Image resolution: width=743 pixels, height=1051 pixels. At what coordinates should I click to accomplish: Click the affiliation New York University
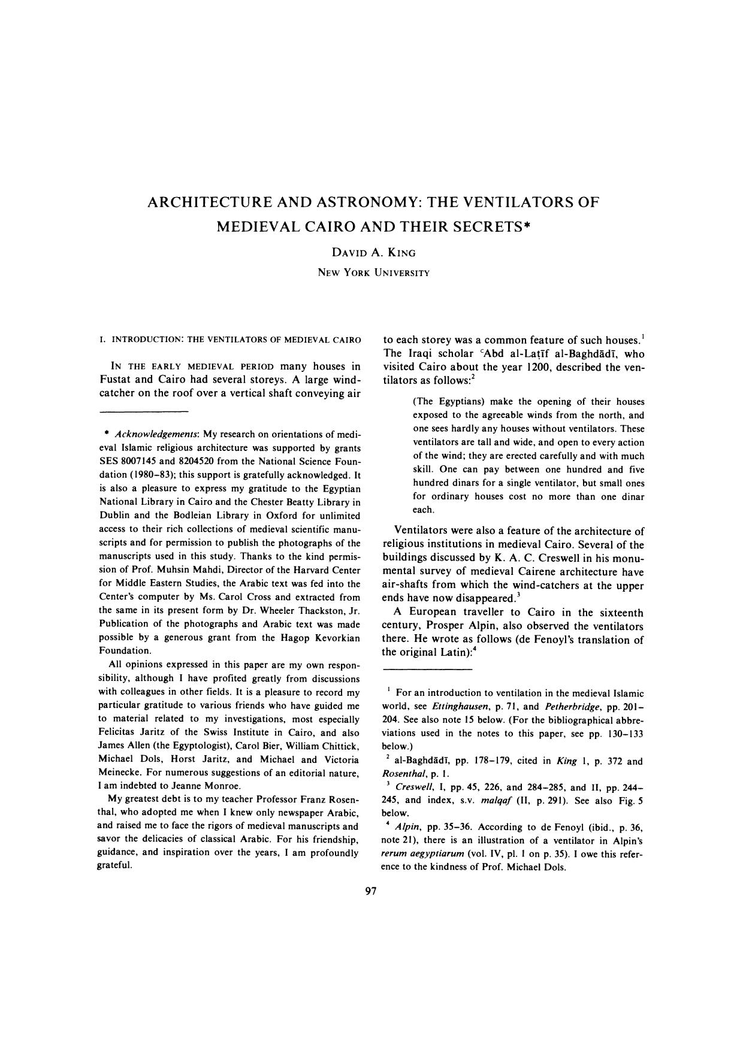pyautogui.click(x=373, y=272)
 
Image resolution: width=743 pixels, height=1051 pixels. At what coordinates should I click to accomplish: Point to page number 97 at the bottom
pyautogui.click(x=370, y=892)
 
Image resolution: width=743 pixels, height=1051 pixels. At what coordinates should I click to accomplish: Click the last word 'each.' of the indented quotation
pyautogui.click(x=423, y=510)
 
